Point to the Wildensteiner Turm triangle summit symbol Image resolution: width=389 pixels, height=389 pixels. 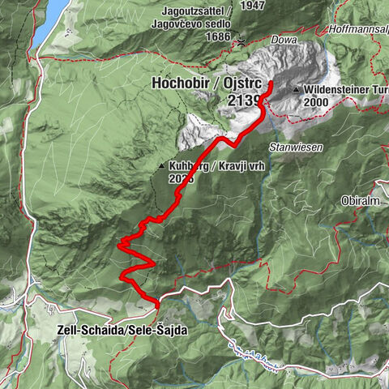click(x=298, y=90)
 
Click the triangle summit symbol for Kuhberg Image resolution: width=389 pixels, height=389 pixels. click(x=162, y=166)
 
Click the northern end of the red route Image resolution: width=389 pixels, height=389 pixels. click(x=269, y=84)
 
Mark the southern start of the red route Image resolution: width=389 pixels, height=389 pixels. click(x=157, y=304)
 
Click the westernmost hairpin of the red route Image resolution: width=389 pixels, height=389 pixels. click(x=119, y=242)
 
